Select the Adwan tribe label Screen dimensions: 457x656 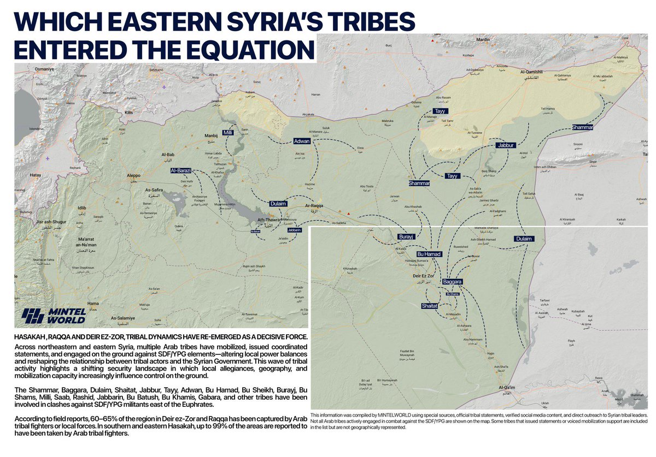coord(301,141)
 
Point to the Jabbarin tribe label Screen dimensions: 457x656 coord(294,230)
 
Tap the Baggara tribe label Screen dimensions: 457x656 coord(453,281)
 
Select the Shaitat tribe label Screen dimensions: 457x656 coord(430,306)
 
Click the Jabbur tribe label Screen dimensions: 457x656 coord(506,146)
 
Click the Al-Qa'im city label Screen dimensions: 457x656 coord(508,388)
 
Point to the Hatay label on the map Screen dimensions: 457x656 coord(36,175)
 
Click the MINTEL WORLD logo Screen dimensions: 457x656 coord(54,315)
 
